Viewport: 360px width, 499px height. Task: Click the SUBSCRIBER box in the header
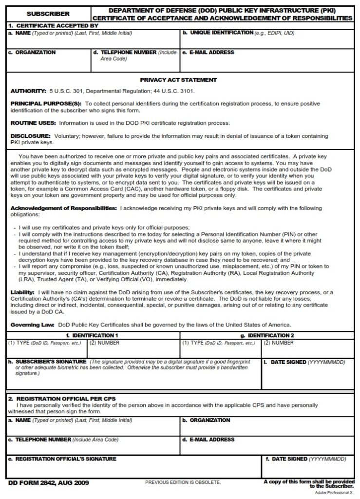(x=48, y=14)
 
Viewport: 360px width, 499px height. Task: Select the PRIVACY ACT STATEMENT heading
(x=178, y=80)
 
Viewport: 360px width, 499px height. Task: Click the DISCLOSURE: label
(x=30, y=136)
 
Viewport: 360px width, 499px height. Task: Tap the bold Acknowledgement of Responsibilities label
(x=63, y=208)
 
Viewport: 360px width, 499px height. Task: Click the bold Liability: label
(x=21, y=292)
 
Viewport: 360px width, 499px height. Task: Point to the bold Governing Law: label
(x=33, y=324)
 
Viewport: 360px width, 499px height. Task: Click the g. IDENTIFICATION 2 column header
(x=267, y=336)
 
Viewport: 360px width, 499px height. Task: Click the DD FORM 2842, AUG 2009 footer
(x=48, y=483)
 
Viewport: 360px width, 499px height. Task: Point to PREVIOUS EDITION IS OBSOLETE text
(x=183, y=482)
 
